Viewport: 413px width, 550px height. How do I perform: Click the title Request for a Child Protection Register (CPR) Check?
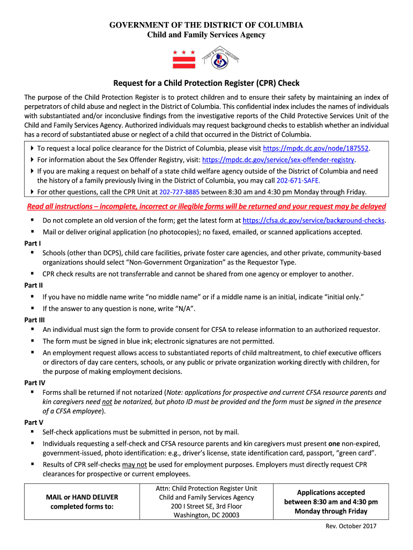coord(206,83)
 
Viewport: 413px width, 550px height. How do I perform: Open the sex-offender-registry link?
coord(279,160)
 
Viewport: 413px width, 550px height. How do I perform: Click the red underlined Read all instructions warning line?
coord(206,206)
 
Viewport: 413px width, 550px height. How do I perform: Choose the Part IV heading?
coord(35,382)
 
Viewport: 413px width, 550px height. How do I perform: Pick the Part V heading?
coord(34,422)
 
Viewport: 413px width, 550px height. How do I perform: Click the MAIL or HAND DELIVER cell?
coord(82,502)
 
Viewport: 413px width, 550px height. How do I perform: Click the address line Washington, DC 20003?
coord(206,515)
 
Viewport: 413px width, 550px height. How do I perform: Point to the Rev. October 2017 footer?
coord(351,526)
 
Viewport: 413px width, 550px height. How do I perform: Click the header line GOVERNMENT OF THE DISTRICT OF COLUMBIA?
coord(206,25)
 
